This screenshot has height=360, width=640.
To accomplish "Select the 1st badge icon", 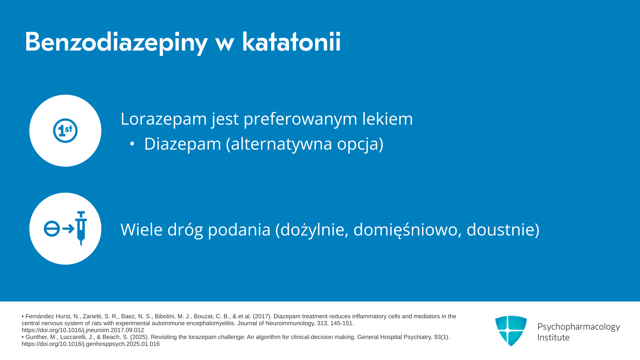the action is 65,131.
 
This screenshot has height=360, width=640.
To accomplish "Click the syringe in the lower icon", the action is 81,228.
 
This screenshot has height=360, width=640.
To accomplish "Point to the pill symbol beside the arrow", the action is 52,229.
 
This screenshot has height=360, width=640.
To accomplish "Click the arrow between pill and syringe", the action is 69,229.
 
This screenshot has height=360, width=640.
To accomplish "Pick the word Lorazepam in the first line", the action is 164,119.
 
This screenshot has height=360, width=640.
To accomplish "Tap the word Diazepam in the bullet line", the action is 183,144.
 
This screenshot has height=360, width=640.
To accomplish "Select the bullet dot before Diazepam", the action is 132,144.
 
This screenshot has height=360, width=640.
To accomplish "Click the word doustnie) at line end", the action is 503,230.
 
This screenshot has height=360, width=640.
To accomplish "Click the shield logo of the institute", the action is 511,331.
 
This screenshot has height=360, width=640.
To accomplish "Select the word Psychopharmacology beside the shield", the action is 579,327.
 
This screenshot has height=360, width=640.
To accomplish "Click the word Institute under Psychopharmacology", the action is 554,337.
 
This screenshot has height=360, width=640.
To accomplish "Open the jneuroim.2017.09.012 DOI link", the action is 83,330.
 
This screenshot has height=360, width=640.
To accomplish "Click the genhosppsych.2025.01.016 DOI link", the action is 91,344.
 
